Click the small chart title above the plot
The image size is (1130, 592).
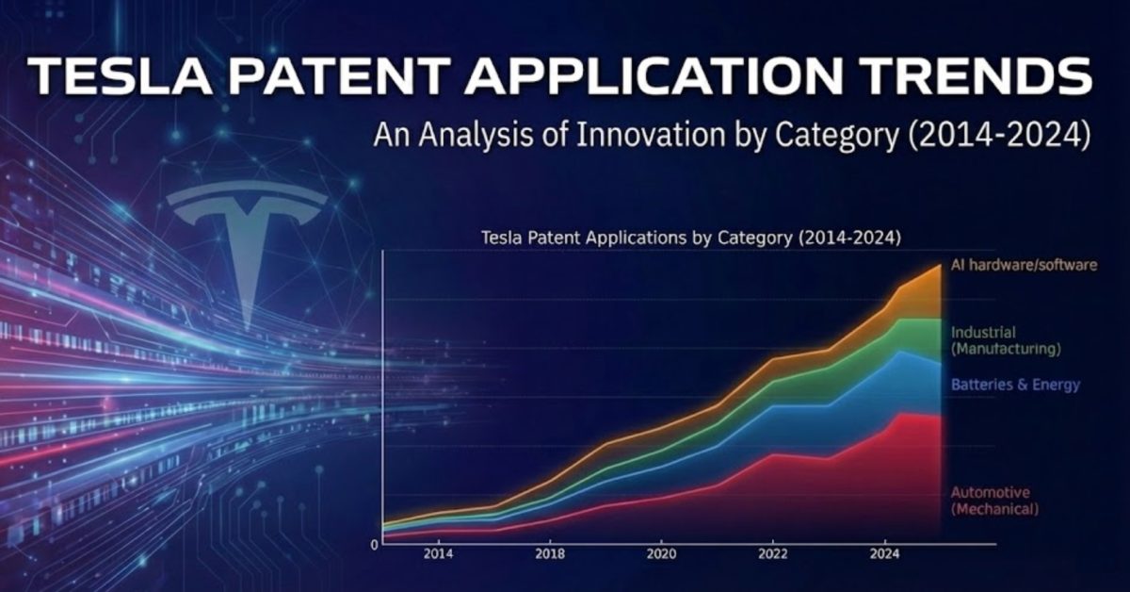pyautogui.click(x=690, y=238)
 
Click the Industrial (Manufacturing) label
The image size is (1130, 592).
pyautogui.click(x=1005, y=340)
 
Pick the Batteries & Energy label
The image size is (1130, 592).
pyautogui.click(x=1014, y=385)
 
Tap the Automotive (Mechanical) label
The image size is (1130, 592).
pyautogui.click(x=993, y=501)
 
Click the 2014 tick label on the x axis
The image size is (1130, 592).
pyautogui.click(x=438, y=553)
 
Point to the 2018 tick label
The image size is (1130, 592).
pyautogui.click(x=550, y=553)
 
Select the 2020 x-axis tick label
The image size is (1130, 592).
pyautogui.click(x=661, y=553)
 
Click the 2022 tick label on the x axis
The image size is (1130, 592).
pyautogui.click(x=772, y=553)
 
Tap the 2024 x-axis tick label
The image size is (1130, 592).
pyautogui.click(x=883, y=553)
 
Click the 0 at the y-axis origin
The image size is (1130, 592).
pyautogui.click(x=374, y=545)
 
